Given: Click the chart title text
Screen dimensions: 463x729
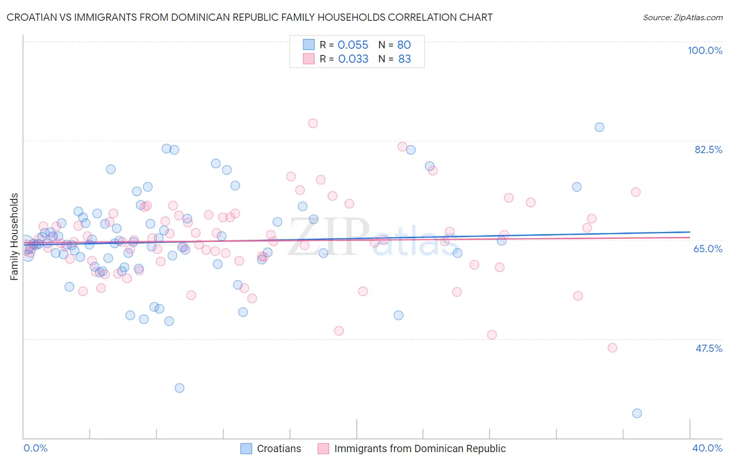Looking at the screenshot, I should coord(249,17).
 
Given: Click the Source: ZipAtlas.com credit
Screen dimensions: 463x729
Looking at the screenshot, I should coord(682,17).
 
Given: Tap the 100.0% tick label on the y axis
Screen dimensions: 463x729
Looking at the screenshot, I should coord(705,50).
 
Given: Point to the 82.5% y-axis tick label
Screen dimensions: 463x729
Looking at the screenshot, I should coord(708,149).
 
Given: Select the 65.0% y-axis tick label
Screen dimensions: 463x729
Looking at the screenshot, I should coord(708,249).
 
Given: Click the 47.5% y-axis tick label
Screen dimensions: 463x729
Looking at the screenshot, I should coord(708,348).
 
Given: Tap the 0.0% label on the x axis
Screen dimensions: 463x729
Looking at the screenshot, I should coord(35,448).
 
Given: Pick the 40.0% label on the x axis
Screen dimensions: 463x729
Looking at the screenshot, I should coord(707,448).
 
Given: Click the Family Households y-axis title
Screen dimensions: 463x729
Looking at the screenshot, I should coord(15,237).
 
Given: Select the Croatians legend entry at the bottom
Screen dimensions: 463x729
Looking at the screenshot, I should coord(278,448).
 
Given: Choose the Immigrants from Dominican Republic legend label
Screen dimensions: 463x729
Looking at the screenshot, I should coord(419,448).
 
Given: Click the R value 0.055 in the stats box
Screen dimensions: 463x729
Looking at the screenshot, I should coord(353,45).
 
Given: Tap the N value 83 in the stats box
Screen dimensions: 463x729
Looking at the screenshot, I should coord(404,59).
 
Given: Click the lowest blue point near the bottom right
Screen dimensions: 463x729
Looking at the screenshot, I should coord(637,413).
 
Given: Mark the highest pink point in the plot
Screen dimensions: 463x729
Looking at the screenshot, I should coord(313,123).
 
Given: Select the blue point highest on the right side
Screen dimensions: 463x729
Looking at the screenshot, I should coord(599,127).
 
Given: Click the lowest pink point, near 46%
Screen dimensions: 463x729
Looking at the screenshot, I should coord(612,348).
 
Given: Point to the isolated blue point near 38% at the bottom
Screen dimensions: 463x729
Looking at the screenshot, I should coord(179,388).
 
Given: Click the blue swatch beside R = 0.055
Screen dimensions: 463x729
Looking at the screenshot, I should coord(309,45).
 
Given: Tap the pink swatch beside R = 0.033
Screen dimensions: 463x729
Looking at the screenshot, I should coord(309,59).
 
